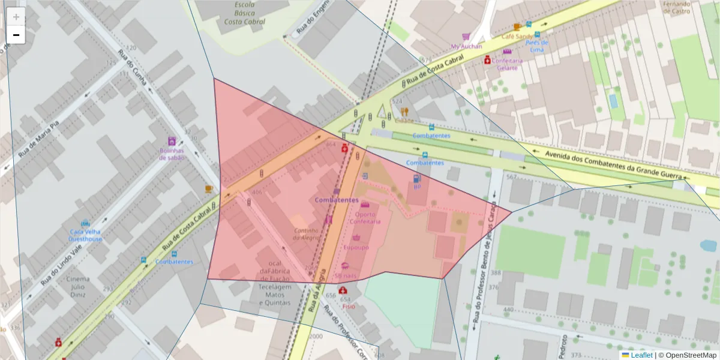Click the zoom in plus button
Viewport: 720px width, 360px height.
click(x=16, y=17)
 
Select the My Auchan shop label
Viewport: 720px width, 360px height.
click(x=467, y=46)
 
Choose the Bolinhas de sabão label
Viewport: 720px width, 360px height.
click(x=172, y=154)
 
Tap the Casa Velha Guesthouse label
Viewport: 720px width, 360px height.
click(x=85, y=235)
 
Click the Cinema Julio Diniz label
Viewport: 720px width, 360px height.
click(x=79, y=287)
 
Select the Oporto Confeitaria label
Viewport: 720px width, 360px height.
click(x=365, y=217)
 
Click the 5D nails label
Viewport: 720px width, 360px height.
click(x=346, y=275)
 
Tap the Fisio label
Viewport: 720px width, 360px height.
click(x=349, y=305)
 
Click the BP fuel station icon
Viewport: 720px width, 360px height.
click(x=416, y=178)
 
